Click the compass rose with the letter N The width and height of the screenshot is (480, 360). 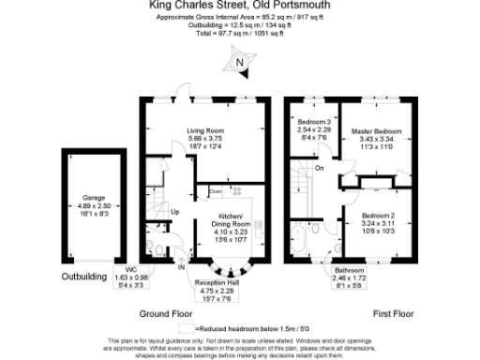tap(240, 63)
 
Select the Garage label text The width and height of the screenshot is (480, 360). tap(92, 198)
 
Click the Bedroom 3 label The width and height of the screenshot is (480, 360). tap(314, 124)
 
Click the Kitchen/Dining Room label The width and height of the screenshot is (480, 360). tap(228, 225)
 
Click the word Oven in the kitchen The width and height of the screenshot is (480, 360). tap(215, 191)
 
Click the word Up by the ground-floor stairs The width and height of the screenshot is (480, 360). tap(174, 211)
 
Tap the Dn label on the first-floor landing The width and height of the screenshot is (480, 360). tap(320, 169)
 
